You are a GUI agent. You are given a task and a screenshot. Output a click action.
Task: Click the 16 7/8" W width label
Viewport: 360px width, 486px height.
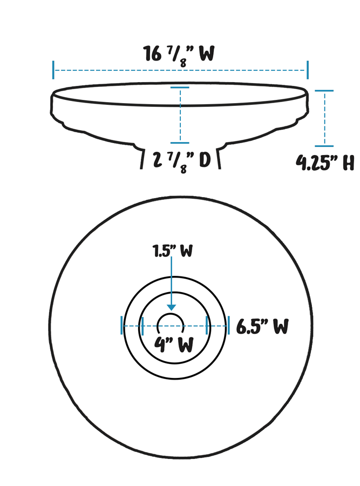179,55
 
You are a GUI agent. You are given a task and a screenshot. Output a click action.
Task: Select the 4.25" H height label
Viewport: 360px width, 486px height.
325,162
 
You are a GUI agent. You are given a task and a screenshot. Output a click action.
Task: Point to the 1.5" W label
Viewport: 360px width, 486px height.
173,251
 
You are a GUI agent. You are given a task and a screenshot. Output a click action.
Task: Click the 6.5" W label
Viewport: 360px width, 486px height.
262,326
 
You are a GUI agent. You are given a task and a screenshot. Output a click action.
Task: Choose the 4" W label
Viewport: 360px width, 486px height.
174,345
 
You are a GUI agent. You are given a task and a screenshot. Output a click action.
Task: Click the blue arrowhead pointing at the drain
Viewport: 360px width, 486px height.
171,307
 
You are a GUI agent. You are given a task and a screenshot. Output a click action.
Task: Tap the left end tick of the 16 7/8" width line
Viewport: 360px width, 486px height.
53,70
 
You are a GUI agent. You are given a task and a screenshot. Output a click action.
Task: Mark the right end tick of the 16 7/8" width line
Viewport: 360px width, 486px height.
308,70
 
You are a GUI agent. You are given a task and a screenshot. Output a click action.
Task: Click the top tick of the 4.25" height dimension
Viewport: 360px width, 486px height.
324,91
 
